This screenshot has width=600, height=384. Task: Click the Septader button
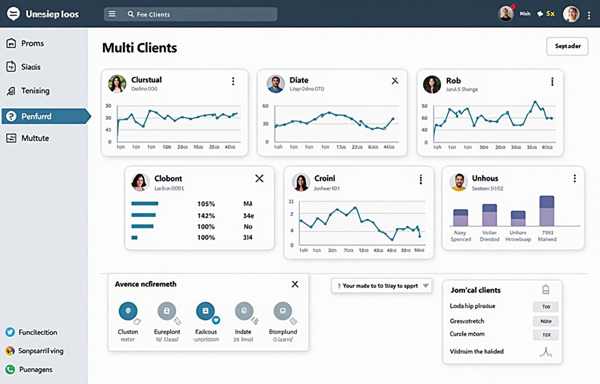(x=567, y=46)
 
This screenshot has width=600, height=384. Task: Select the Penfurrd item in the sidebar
(x=36, y=116)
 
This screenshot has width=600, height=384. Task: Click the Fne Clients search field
(x=202, y=14)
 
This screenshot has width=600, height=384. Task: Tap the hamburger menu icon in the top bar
(x=112, y=14)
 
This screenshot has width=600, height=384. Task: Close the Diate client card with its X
(x=395, y=81)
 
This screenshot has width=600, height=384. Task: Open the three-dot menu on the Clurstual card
(x=233, y=81)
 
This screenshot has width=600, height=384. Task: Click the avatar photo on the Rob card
(x=432, y=84)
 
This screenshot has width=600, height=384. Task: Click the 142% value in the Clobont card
(x=206, y=216)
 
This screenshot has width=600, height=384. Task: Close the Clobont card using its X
(x=259, y=178)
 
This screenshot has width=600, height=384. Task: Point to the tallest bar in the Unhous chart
(x=547, y=210)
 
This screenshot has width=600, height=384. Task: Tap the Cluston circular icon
(x=128, y=311)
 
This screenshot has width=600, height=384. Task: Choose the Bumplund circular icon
(x=283, y=311)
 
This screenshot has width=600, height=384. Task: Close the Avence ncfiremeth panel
(x=295, y=284)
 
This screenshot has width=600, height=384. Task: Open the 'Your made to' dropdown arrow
(x=426, y=286)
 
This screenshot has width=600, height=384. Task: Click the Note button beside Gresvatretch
(x=546, y=321)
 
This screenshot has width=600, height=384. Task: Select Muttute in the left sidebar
(x=35, y=138)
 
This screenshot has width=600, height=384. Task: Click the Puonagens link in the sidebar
(x=36, y=369)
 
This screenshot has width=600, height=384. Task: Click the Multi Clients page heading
(x=139, y=48)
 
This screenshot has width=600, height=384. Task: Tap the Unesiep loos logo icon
(x=13, y=14)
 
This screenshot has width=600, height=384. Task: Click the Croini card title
(x=324, y=178)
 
